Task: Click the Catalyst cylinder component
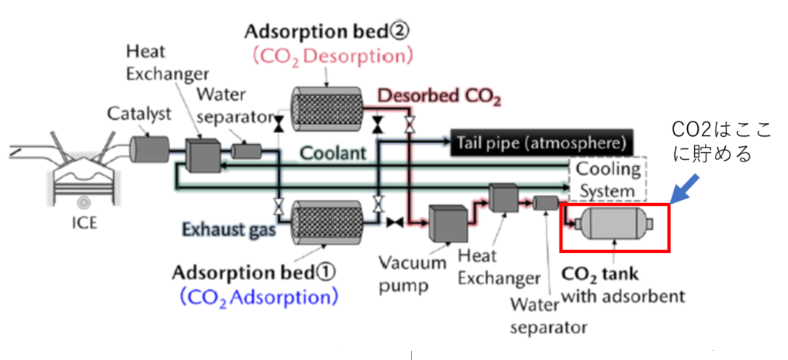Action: pos(143,147)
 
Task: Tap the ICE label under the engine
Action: pos(84,226)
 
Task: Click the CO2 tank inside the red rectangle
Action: pos(614,225)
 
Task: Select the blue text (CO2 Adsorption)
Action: pos(258,295)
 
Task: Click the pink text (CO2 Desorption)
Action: pos(331,55)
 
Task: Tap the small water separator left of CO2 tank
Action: pos(545,203)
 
